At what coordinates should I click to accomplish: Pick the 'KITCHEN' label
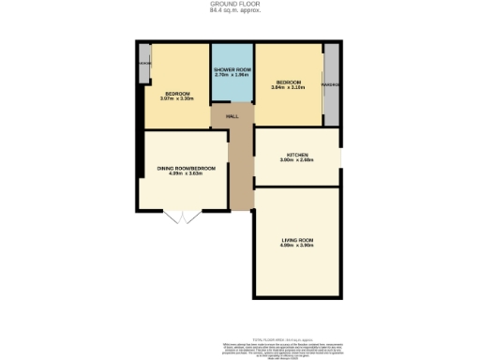click(x=298, y=154)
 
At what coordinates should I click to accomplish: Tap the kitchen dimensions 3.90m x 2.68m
click(x=298, y=160)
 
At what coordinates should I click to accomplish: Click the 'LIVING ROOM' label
click(x=297, y=240)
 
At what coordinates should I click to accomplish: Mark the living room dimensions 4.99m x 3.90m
click(x=297, y=247)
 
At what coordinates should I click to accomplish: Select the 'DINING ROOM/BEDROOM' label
click(x=186, y=168)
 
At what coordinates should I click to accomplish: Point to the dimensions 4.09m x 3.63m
click(x=186, y=173)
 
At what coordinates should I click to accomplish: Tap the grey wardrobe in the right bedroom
click(x=331, y=84)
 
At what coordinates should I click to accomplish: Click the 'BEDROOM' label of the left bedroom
click(x=178, y=93)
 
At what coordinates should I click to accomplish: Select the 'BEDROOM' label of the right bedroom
click(x=289, y=82)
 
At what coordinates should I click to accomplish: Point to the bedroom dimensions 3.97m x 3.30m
click(x=178, y=98)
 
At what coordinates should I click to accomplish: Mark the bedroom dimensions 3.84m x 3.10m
click(x=289, y=87)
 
